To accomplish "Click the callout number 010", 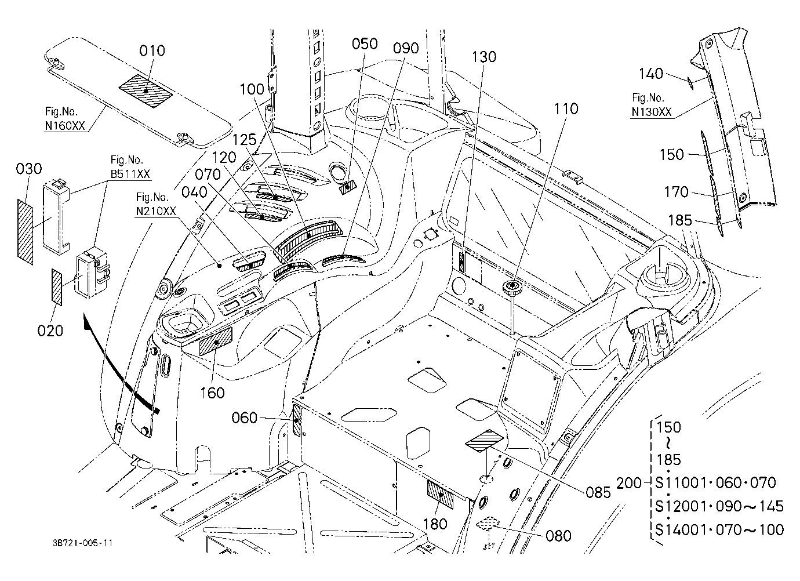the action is [152, 51].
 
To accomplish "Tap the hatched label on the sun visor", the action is [146, 91].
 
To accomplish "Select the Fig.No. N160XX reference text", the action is [65, 119].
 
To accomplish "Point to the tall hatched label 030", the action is [25, 232].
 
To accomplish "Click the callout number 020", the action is [50, 331].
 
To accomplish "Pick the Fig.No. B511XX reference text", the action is [130, 166].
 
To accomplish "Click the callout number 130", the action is [484, 57].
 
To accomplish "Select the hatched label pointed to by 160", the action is [215, 342].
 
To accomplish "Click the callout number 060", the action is [244, 417].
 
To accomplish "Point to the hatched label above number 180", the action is [441, 495].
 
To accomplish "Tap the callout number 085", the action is [598, 492].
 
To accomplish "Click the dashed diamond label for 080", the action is [488, 524].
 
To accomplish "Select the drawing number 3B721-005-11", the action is [83, 543].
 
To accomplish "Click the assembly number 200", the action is [629, 483].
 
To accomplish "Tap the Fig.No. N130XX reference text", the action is [652, 105].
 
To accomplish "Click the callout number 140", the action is [650, 74].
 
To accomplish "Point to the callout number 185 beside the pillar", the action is [680, 220].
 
